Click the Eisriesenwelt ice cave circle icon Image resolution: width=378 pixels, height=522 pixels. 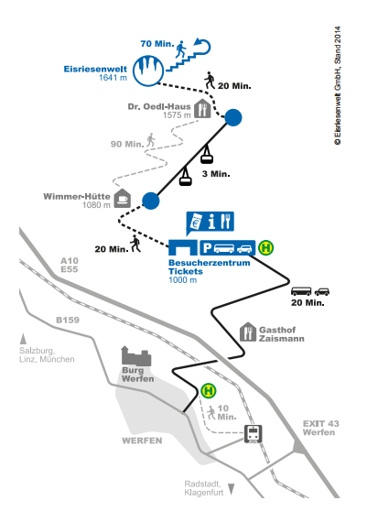pyautogui.click(x=148, y=71)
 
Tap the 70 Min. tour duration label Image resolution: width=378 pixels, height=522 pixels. pyautogui.click(x=157, y=44)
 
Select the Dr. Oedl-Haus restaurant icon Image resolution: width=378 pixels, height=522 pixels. pyautogui.click(x=202, y=109)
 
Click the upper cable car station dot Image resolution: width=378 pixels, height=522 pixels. pyautogui.click(x=233, y=117)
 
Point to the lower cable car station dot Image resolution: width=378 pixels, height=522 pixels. pyautogui.click(x=151, y=201)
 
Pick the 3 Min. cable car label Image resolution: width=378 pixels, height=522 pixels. pyautogui.click(x=216, y=174)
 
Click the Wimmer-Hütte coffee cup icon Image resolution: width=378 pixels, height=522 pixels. pyautogui.click(x=123, y=199)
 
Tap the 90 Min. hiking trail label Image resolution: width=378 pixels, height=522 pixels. pyautogui.click(x=127, y=144)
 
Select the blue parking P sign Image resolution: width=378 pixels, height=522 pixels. pyautogui.click(x=207, y=248)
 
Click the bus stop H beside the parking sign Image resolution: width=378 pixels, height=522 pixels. pyautogui.click(x=266, y=247)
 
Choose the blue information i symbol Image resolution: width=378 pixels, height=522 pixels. pyautogui.click(x=211, y=222)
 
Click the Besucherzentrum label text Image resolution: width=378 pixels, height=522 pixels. pyautogui.click(x=210, y=263)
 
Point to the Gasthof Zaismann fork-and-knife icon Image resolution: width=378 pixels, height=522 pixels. pyautogui.click(x=248, y=332)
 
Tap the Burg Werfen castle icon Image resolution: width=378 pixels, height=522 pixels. pyautogui.click(x=136, y=356)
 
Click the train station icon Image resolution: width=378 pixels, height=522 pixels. pyautogui.click(x=254, y=434)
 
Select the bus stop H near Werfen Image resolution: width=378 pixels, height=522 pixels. pyautogui.click(x=209, y=390)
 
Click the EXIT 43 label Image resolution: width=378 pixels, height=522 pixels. pyautogui.click(x=320, y=423)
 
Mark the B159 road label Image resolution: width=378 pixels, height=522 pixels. pyautogui.click(x=68, y=320)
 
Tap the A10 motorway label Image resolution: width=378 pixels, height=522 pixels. pyautogui.click(x=70, y=261)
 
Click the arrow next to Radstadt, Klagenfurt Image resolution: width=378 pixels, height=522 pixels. pyautogui.click(x=231, y=489)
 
